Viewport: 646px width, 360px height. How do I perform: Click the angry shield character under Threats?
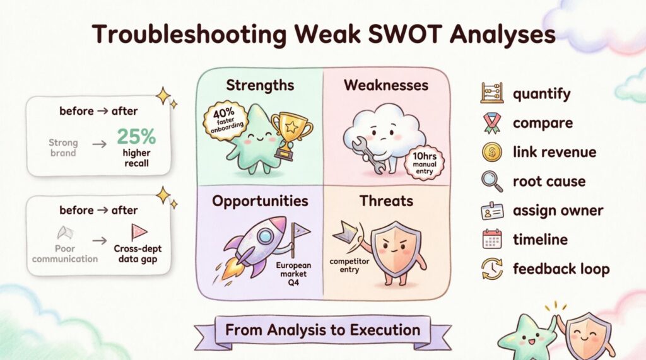click(x=395, y=248)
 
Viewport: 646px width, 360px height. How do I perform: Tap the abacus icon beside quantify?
click(x=491, y=94)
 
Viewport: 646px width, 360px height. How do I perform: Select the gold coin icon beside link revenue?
click(x=491, y=152)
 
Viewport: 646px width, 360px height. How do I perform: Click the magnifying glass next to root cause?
click(x=491, y=182)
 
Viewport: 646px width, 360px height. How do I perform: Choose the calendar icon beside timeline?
click(x=491, y=240)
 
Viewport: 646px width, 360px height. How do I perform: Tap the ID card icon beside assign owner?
click(x=491, y=211)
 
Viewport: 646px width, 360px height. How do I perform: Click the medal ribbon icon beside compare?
click(x=491, y=123)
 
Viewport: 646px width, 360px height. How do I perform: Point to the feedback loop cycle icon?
click(x=491, y=269)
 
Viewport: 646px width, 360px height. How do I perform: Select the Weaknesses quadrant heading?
click(x=386, y=85)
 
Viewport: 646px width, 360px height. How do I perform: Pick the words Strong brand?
click(x=63, y=148)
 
